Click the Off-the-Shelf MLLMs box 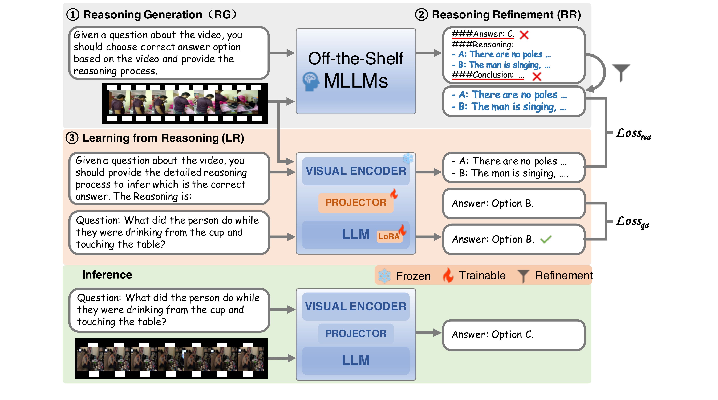click(356, 71)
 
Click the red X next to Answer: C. click(524, 35)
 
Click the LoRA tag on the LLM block click(389, 236)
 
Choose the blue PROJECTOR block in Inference click(356, 334)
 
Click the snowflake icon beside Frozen click(384, 276)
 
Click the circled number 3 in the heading click(72, 138)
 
